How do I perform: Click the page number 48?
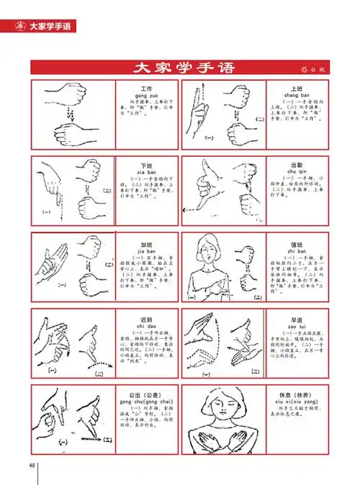32,464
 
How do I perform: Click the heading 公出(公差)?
145,394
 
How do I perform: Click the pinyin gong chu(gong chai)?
145,402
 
